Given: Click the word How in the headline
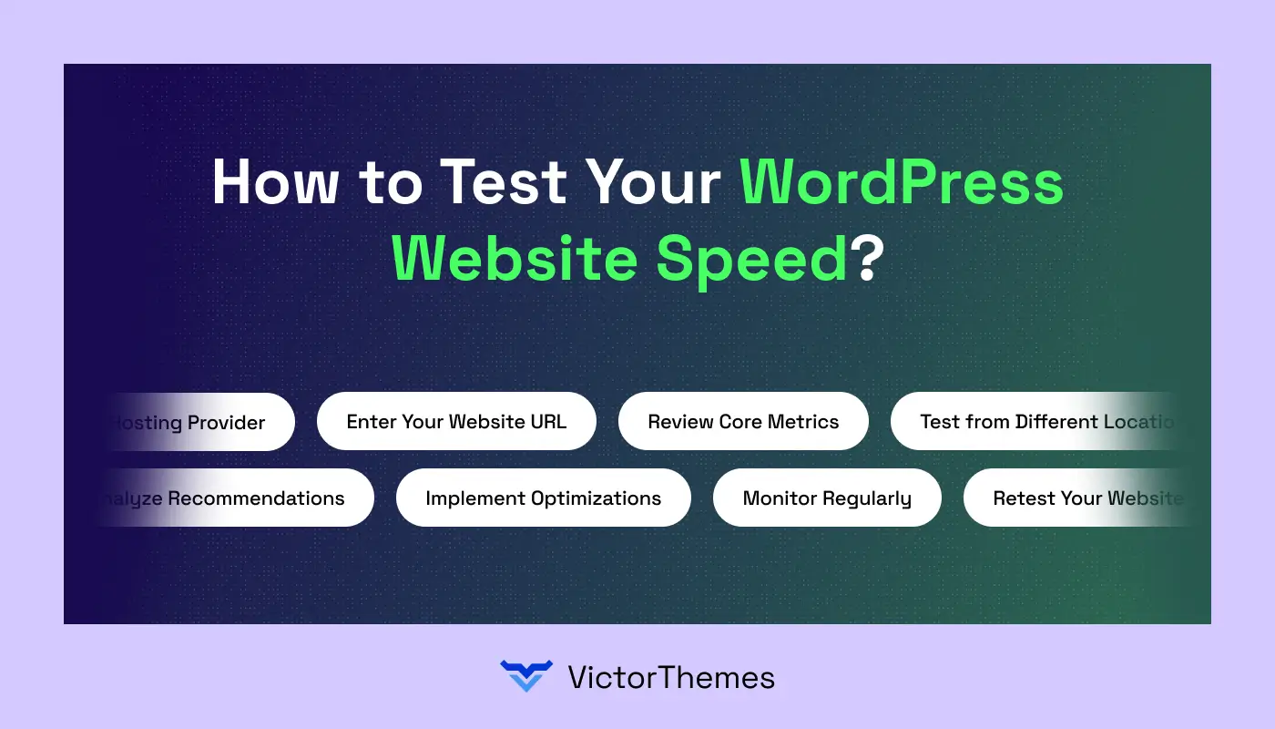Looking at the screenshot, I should coord(272,182).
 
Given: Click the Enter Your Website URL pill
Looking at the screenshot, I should coord(456,422).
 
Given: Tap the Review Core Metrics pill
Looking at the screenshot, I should coord(743,422).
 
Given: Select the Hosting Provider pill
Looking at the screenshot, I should coord(196,422).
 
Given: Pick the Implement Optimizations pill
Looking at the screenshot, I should coord(543,498).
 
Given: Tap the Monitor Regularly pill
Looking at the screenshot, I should coord(827,498).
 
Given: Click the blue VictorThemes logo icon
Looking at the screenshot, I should coord(526,676).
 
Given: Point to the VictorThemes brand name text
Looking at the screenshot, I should coord(670,677).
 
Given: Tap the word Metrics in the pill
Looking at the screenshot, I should coord(802,422).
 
